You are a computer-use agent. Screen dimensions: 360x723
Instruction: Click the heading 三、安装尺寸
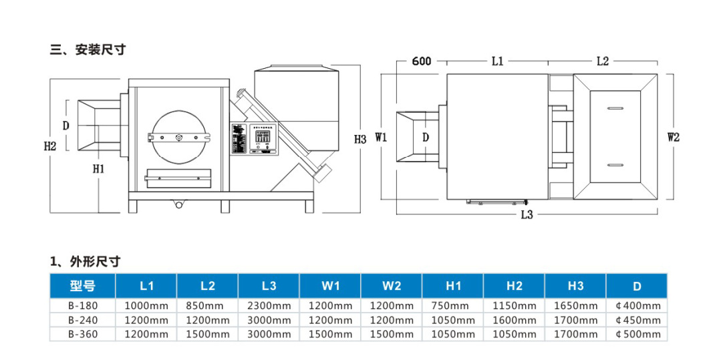(88, 49)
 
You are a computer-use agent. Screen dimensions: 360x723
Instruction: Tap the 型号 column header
(82, 286)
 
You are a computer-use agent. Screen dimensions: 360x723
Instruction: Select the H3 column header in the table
(575, 286)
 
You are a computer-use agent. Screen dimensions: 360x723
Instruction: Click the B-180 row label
(83, 306)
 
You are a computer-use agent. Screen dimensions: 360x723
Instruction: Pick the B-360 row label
(83, 333)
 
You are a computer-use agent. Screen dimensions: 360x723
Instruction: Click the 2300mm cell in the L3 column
(269, 306)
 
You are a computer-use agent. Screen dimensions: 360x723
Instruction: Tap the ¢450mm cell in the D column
(637, 320)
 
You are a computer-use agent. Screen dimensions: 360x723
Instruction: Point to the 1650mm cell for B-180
(576, 306)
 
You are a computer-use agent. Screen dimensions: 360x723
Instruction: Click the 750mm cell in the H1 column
(453, 306)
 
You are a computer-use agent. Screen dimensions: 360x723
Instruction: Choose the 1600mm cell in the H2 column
(515, 320)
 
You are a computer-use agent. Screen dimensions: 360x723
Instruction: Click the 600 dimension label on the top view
(421, 61)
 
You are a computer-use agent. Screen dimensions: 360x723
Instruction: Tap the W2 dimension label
(673, 138)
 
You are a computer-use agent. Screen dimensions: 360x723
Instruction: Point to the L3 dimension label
(527, 214)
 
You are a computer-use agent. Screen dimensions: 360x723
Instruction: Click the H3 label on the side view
(360, 139)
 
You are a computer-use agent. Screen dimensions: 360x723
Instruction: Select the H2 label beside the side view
(50, 146)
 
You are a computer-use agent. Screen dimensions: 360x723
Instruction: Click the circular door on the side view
(178, 138)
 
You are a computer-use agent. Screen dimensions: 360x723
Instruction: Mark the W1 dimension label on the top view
(382, 138)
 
